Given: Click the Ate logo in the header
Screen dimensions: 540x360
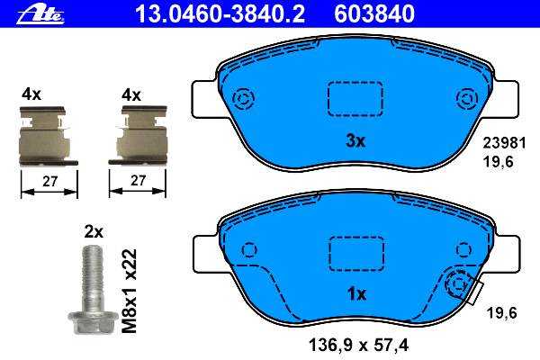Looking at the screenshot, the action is [x=40, y=15].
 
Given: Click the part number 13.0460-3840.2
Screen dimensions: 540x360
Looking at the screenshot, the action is [x=220, y=14].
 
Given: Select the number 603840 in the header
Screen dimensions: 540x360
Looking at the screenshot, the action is [x=374, y=14].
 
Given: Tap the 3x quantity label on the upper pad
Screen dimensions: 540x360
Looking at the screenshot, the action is [x=355, y=141].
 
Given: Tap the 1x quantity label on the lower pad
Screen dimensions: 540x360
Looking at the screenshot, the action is [x=356, y=294].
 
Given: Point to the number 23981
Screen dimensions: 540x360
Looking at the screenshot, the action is [x=505, y=143].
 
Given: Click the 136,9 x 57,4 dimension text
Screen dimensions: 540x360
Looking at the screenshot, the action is [x=359, y=345].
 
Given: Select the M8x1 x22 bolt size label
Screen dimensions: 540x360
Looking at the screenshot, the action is [x=130, y=291].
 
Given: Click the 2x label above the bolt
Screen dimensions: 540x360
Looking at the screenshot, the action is [x=94, y=232].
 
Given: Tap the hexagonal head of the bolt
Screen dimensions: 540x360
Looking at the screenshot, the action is [x=88, y=322].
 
